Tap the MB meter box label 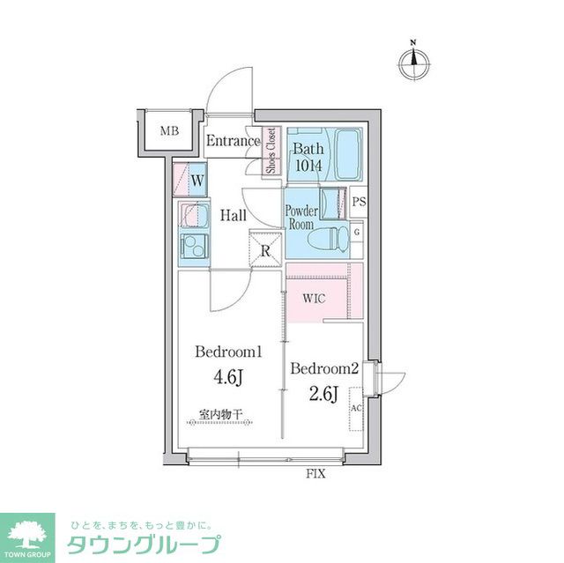coord(169,132)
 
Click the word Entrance coord(233,141)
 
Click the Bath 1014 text coord(308,156)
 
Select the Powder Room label coord(301,218)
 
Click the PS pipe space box coord(358,202)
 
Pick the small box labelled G coord(357,232)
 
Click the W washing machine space coord(198,181)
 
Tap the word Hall coord(234,215)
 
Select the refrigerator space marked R coord(265,249)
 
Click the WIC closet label coord(314,298)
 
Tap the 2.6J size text coord(323,394)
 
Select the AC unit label coord(356,409)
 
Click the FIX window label coord(315,475)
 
